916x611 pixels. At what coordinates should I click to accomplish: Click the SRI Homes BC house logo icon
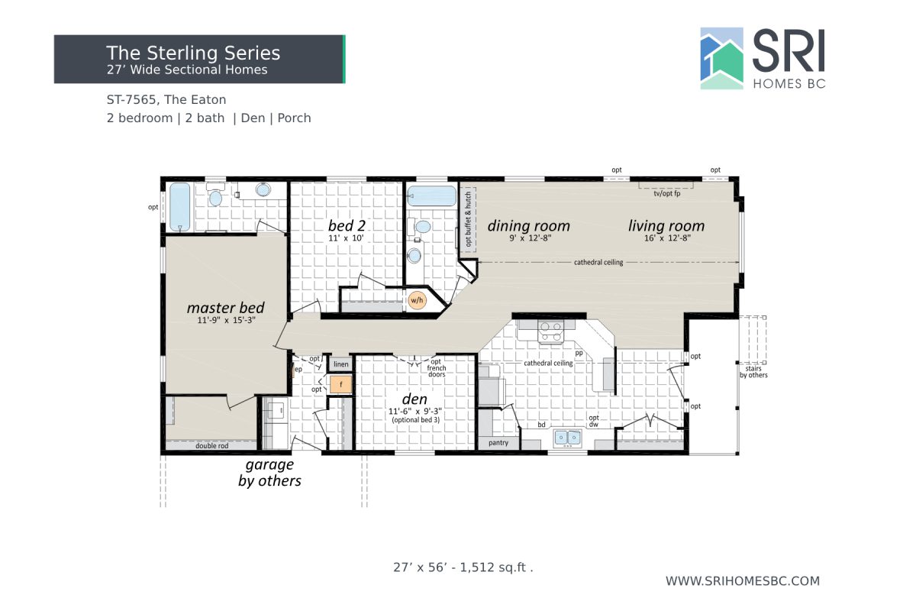[x=722, y=59]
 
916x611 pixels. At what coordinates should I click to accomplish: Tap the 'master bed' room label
[x=226, y=308]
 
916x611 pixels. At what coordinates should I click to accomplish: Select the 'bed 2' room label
[x=347, y=225]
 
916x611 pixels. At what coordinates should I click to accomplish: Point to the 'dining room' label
[x=529, y=225]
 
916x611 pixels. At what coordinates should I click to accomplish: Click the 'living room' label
[x=666, y=225]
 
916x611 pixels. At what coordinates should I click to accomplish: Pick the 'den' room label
[x=415, y=399]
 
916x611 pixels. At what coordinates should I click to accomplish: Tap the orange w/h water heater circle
[x=417, y=300]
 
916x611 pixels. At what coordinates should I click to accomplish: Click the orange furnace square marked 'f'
[x=340, y=384]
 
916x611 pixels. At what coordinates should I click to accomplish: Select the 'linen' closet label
[x=340, y=364]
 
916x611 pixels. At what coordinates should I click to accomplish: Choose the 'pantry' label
[x=498, y=442]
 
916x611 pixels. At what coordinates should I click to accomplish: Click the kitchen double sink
[x=568, y=438]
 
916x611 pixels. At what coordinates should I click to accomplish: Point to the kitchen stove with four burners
[x=551, y=331]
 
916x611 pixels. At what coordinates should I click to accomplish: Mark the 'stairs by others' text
[x=753, y=371]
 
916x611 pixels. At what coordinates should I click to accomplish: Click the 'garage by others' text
[x=269, y=473]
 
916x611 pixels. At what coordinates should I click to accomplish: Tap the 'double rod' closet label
[x=212, y=445]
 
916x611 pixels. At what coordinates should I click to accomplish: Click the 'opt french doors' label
[x=437, y=368]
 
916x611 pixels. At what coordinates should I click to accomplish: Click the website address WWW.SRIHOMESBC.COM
[x=743, y=581]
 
